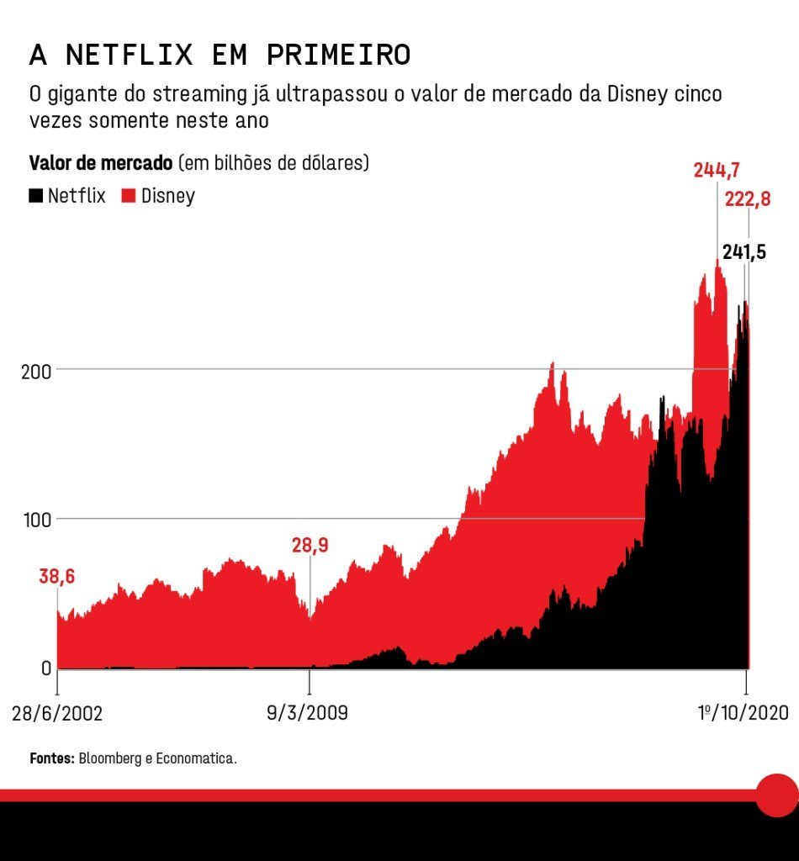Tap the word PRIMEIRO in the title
coord(338,55)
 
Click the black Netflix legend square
coord(36,196)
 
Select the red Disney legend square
coord(130,196)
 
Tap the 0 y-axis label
coord(45,669)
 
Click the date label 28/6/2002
coord(57,714)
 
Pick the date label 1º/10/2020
coord(743,714)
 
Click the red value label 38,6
coord(56,577)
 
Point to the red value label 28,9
coord(310,546)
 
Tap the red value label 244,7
coord(716,170)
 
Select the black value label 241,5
coord(743,251)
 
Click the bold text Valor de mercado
coord(101,163)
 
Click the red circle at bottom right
coord(776,795)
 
